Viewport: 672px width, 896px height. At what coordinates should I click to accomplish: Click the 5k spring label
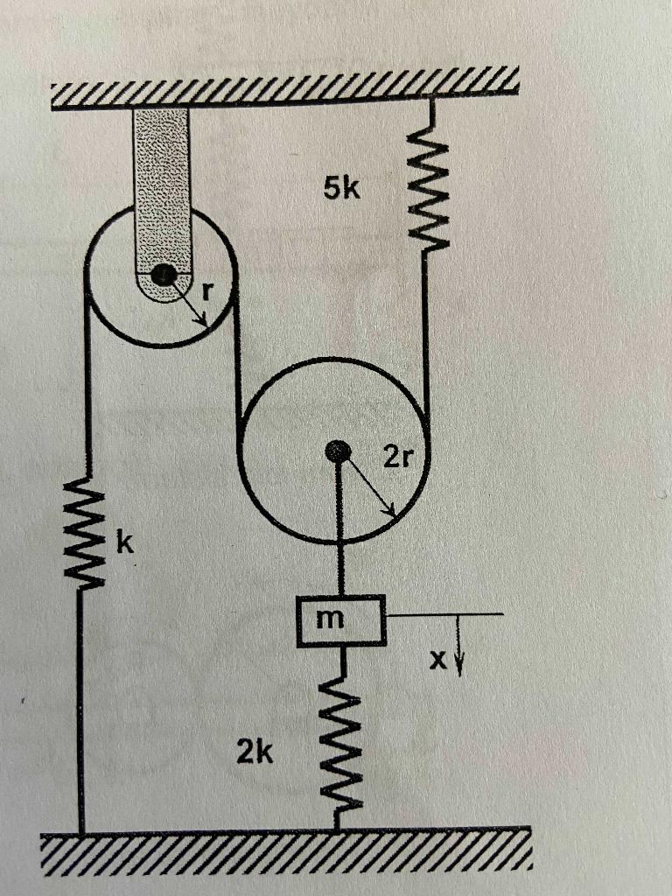tap(340, 187)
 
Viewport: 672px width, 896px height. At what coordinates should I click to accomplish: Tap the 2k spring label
tap(255, 750)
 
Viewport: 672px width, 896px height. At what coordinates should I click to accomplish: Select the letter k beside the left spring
tap(126, 544)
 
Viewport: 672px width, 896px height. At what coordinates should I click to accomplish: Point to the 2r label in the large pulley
tap(395, 456)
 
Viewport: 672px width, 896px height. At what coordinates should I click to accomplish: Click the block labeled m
tap(340, 620)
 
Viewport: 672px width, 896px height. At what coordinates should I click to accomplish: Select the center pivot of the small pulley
tap(162, 276)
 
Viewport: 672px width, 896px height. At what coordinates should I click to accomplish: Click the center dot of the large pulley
tap(337, 451)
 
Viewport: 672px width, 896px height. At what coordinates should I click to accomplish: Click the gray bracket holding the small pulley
tap(161, 175)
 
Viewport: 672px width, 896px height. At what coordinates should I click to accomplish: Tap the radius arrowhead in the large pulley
tap(391, 511)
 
